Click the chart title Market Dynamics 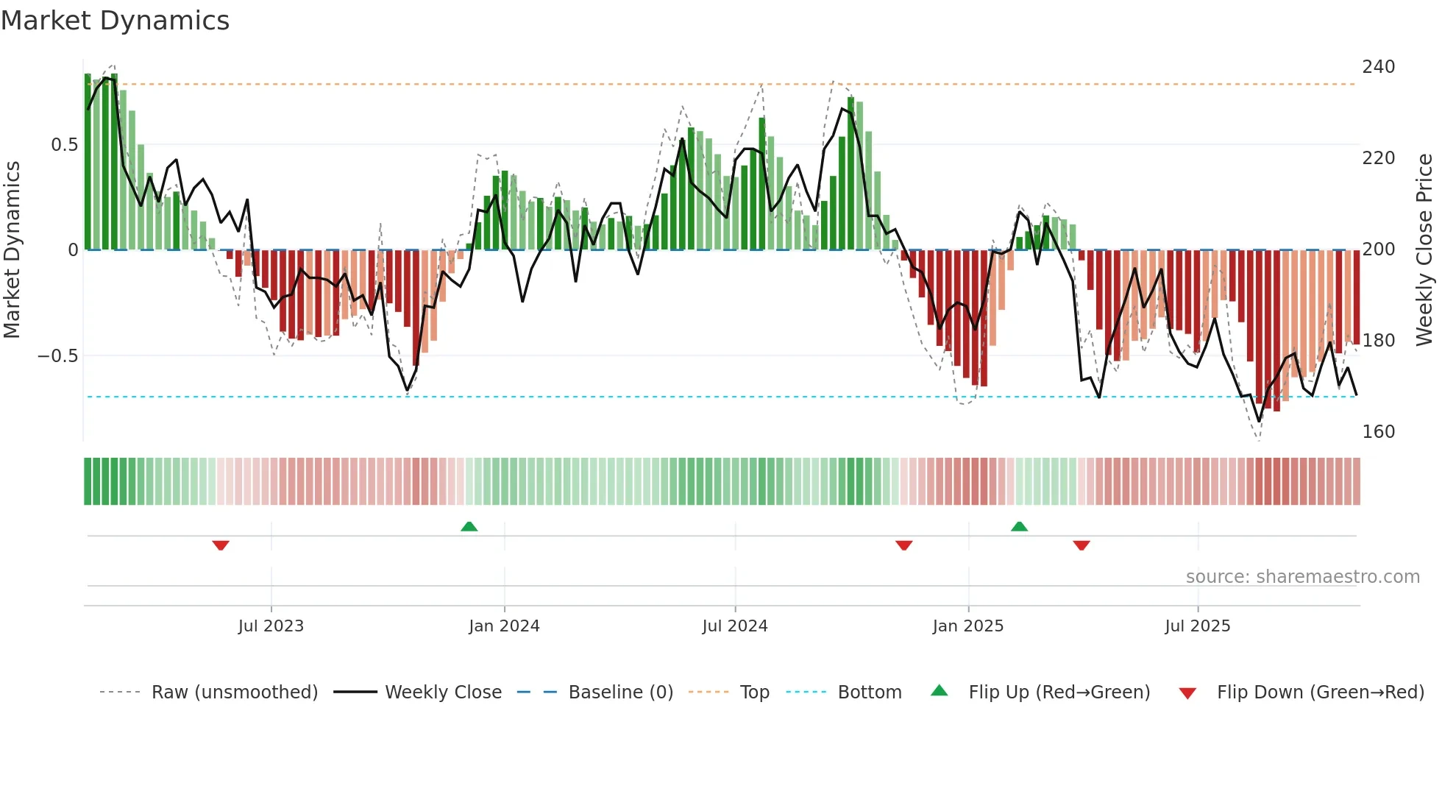pyautogui.click(x=115, y=21)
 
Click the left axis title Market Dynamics pyautogui.click(x=12, y=249)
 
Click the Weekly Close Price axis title pyautogui.click(x=1424, y=249)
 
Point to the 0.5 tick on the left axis pyautogui.click(x=64, y=145)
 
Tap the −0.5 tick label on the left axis pyautogui.click(x=58, y=356)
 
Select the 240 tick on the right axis pyautogui.click(x=1378, y=67)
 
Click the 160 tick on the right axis pyautogui.click(x=1378, y=432)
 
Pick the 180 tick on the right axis pyautogui.click(x=1378, y=341)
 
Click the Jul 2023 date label pyautogui.click(x=271, y=626)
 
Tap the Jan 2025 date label pyautogui.click(x=967, y=626)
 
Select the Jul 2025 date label pyautogui.click(x=1197, y=626)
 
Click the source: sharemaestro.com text pyautogui.click(x=1302, y=577)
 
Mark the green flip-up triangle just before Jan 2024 pyautogui.click(x=469, y=526)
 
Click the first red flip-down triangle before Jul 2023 pyautogui.click(x=221, y=545)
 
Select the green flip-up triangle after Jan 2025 pyautogui.click(x=1019, y=526)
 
